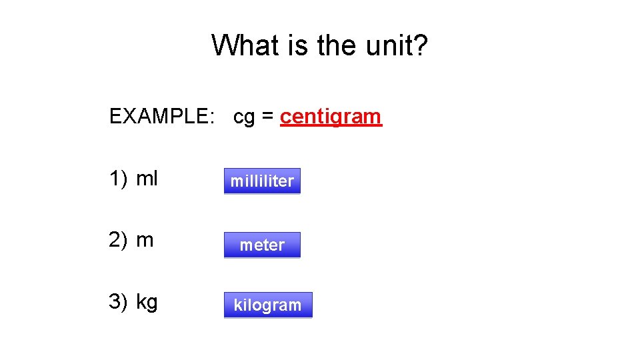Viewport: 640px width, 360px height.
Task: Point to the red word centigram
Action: pos(331,117)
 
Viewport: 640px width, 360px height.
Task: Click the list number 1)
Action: pos(119,179)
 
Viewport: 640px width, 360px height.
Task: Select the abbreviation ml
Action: pos(147,179)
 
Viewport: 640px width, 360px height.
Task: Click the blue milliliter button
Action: pos(262,181)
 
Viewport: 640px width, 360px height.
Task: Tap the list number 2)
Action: pos(119,240)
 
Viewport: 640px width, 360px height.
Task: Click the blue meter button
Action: pos(262,245)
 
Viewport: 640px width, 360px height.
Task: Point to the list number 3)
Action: pos(119,301)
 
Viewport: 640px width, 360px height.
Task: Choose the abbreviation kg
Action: pos(147,302)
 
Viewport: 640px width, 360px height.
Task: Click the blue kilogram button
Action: pos(267,305)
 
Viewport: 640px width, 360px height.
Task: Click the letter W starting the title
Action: pos(225,45)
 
